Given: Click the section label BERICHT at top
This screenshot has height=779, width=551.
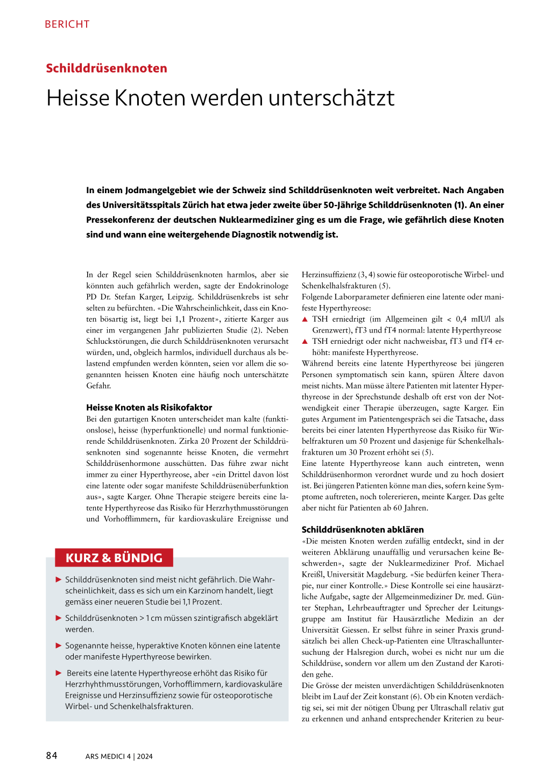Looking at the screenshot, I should coord(67,24).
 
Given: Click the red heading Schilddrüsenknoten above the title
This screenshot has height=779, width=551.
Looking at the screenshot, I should coord(107,68).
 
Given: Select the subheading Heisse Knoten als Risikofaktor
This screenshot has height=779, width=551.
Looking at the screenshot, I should coord(149,407).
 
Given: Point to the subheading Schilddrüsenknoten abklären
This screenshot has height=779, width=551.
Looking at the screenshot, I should coord(363,529).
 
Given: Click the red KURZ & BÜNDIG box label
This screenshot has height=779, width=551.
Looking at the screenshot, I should coord(114,558).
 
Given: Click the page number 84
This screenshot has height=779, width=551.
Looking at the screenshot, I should coord(52,756).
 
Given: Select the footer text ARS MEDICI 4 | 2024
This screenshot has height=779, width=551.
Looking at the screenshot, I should coord(119,756).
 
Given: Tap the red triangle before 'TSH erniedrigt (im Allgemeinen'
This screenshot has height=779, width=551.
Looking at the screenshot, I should coord(305,319).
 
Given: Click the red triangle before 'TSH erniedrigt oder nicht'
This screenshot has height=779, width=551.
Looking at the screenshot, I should coord(305,341).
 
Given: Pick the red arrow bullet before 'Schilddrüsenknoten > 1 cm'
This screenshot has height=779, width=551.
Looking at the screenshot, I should coord(59,618).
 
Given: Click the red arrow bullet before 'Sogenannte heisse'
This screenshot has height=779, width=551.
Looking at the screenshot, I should coord(59,646).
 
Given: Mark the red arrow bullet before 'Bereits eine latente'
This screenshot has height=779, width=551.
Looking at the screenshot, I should coord(59,673).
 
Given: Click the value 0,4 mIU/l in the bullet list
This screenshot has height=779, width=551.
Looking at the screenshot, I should coord(473,319).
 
